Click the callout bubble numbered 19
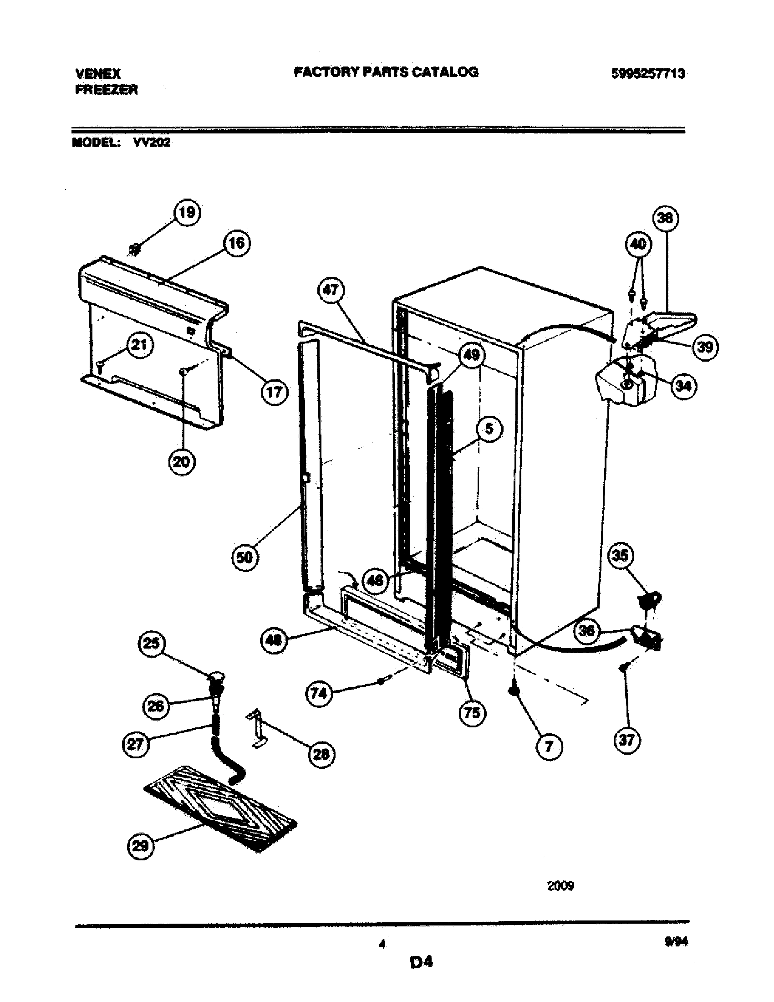187,213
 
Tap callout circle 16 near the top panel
237,243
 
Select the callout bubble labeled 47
331,291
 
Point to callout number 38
665,218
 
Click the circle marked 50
244,557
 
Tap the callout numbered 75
472,713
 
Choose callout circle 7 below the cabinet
549,747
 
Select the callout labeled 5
489,429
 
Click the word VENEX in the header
98,74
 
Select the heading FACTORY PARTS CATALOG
386,72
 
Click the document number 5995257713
648,74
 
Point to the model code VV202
152,143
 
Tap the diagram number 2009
560,886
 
